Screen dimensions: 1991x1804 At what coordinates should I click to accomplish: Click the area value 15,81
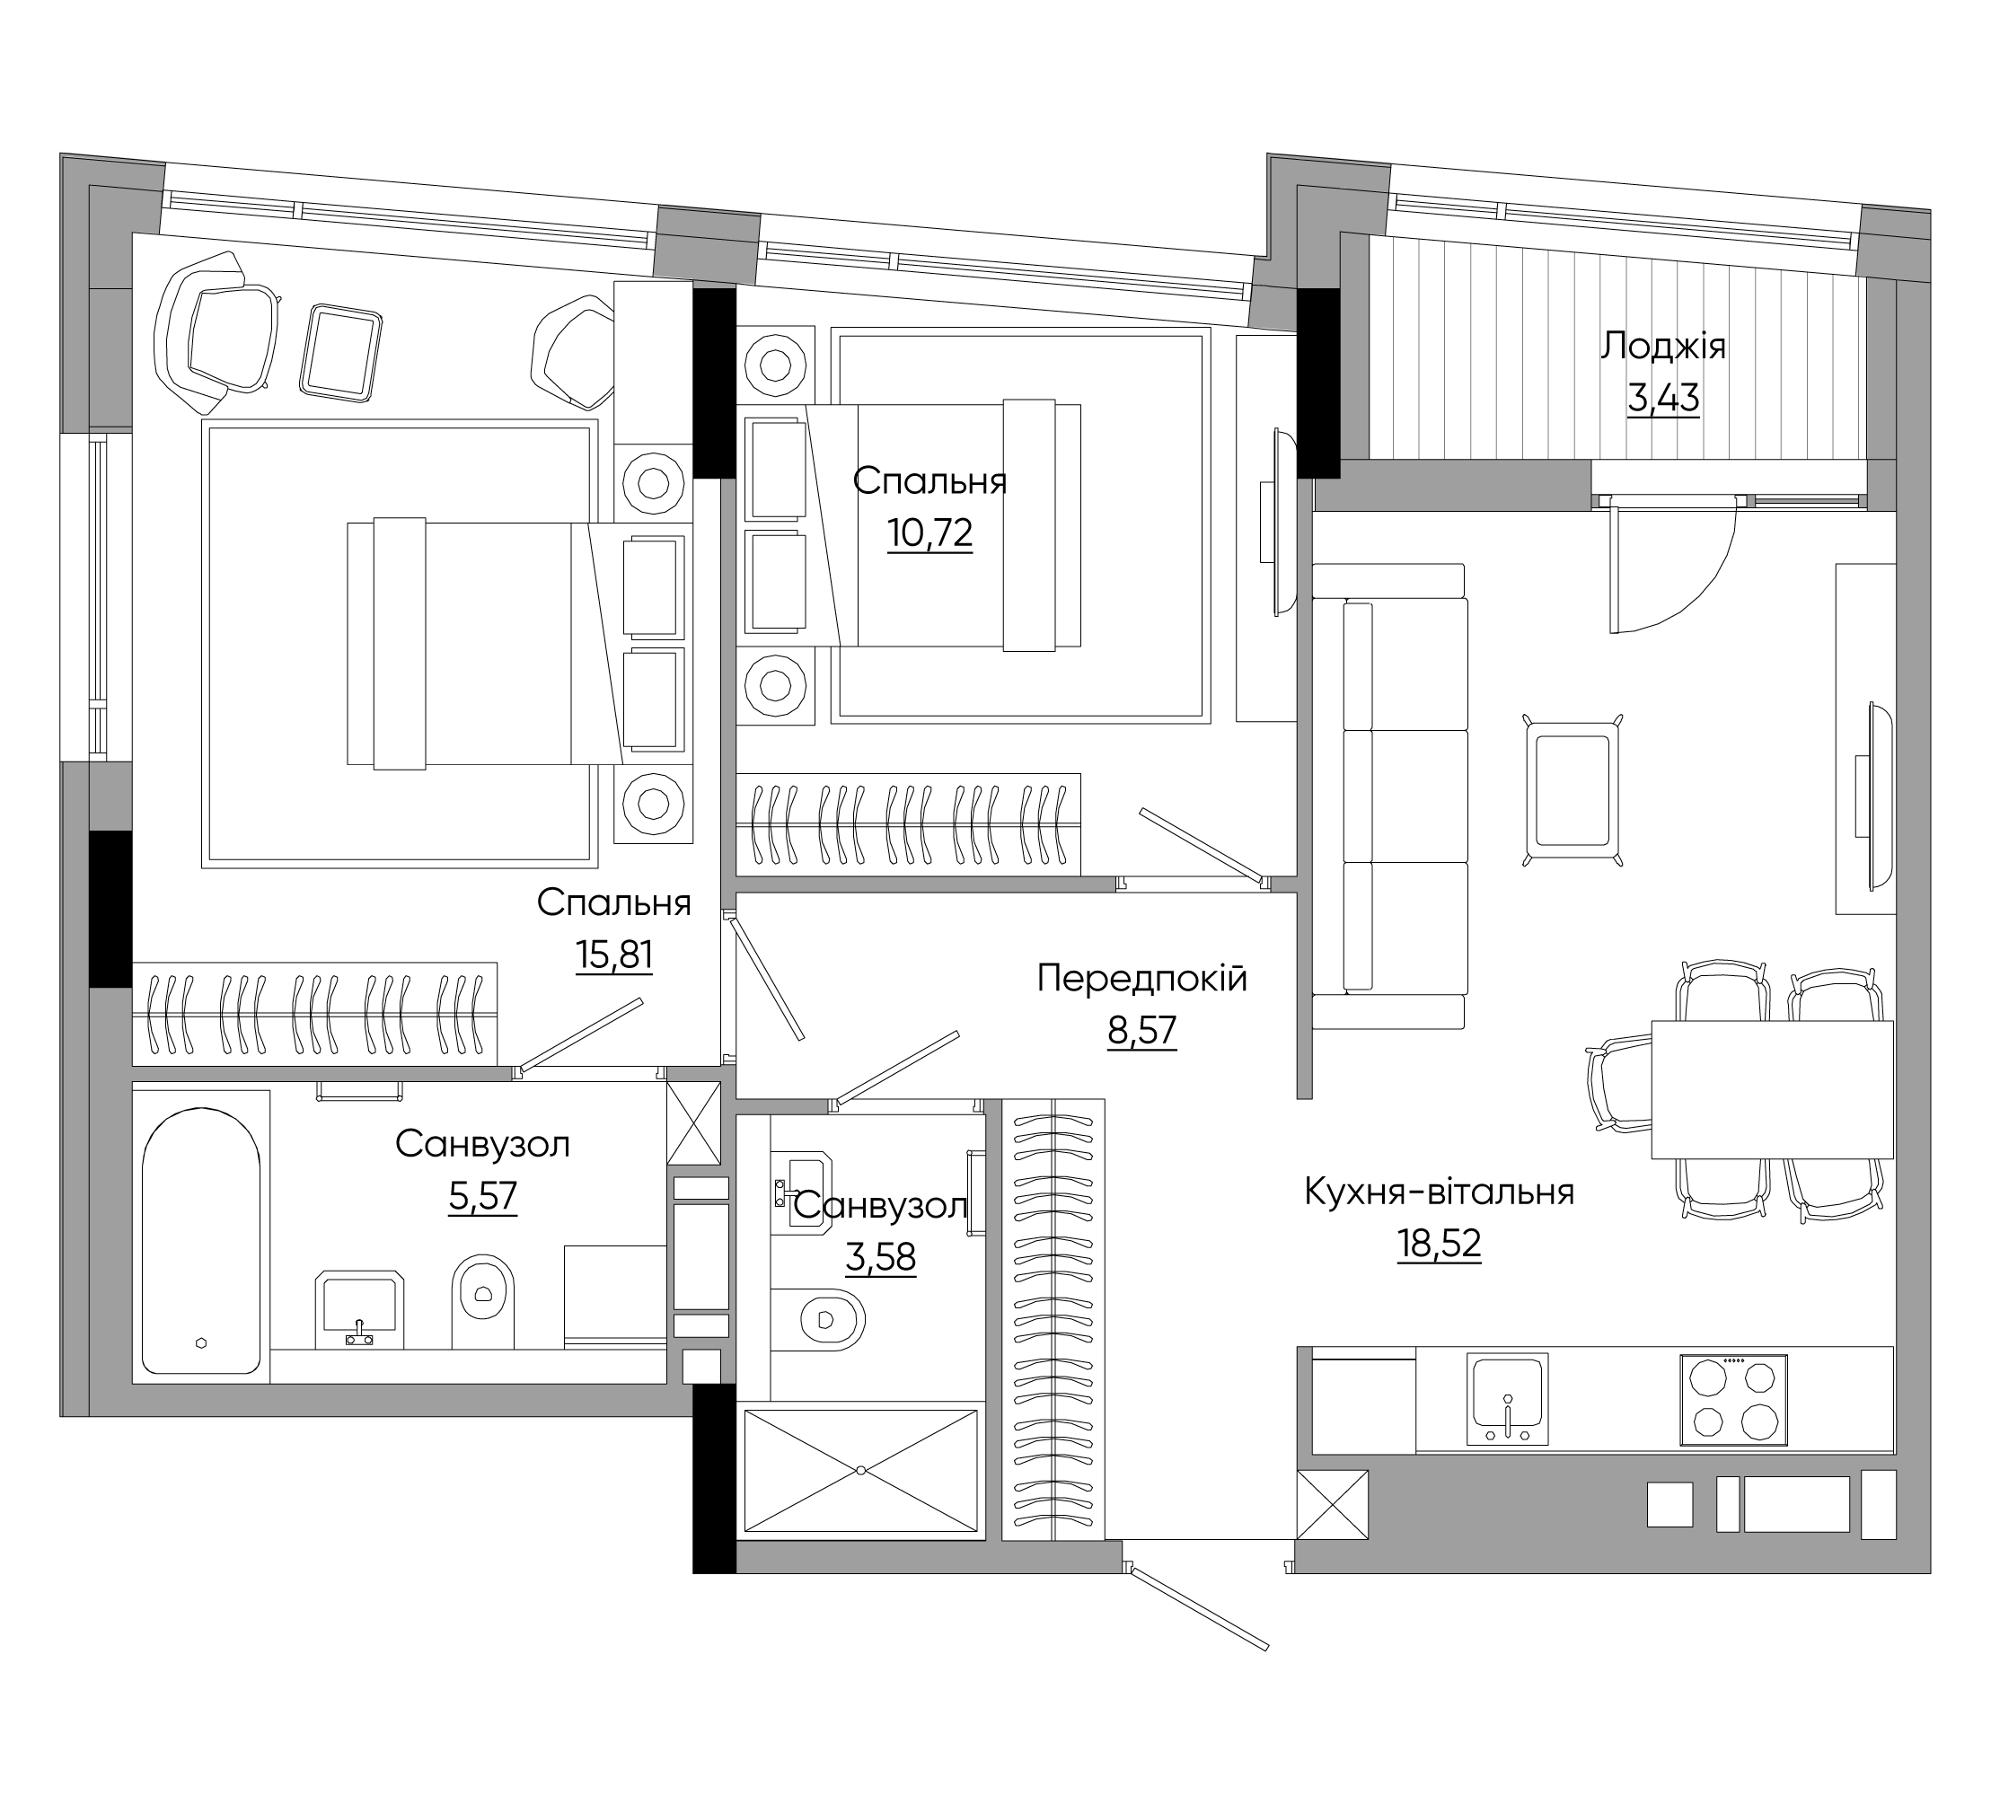click(x=613, y=955)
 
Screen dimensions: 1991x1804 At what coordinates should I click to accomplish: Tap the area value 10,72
click(x=930, y=533)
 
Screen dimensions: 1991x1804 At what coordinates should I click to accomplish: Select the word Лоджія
click(x=1663, y=348)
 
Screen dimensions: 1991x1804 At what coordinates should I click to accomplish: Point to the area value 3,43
click(x=1663, y=398)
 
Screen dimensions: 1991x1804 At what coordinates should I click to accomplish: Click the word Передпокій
click(x=1142, y=979)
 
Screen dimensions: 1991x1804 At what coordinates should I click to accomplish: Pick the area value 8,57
click(x=1142, y=1031)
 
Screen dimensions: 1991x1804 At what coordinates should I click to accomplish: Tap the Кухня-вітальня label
click(x=1440, y=1192)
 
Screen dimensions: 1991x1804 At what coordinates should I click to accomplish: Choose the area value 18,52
click(x=1440, y=1245)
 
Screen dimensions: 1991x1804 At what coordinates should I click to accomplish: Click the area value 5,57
click(x=483, y=1197)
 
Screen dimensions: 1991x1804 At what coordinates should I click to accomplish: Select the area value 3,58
click(x=881, y=1258)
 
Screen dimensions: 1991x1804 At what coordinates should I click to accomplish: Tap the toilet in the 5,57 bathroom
click(x=483, y=1300)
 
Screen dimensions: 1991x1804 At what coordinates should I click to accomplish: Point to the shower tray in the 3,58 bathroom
click(x=860, y=1470)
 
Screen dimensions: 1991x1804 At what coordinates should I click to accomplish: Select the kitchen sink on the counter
click(x=1507, y=1399)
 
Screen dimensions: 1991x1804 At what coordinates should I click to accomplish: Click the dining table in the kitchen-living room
click(x=1773, y=1090)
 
